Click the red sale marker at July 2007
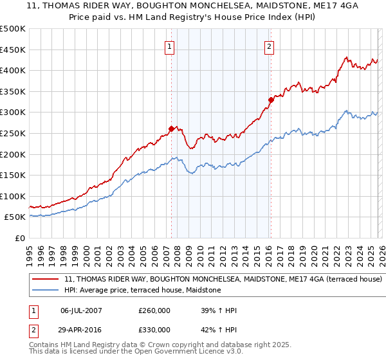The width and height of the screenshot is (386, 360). click(x=171, y=129)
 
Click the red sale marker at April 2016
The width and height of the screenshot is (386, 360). click(x=271, y=99)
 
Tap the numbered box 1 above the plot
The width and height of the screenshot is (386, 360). click(x=169, y=46)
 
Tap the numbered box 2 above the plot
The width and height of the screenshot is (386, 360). click(x=268, y=46)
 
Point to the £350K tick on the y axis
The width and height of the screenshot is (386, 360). click(x=13, y=91)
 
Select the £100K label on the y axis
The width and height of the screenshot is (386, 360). click(x=13, y=196)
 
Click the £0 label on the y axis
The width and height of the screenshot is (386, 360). click(x=21, y=238)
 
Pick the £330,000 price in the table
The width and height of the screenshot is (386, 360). click(x=154, y=330)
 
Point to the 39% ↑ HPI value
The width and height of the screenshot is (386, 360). click(x=219, y=310)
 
